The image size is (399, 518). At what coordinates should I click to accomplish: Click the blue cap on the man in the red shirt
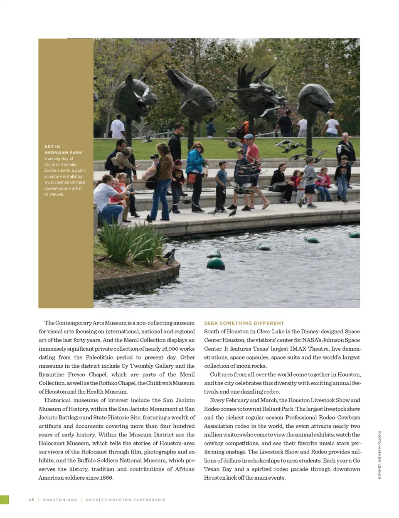tap(249, 136)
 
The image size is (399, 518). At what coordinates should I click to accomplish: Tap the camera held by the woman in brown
tap(155, 156)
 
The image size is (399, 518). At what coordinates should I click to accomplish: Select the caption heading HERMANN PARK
tap(63, 153)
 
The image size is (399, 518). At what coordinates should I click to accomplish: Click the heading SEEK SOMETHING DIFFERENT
tap(244, 323)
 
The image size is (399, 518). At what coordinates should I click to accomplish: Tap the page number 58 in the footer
tap(31, 500)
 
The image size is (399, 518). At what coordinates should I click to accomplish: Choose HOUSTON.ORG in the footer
tap(60, 500)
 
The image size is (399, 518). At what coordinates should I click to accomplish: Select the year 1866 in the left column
tap(106, 478)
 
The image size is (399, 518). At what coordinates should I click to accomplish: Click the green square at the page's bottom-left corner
tap(4, 500)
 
